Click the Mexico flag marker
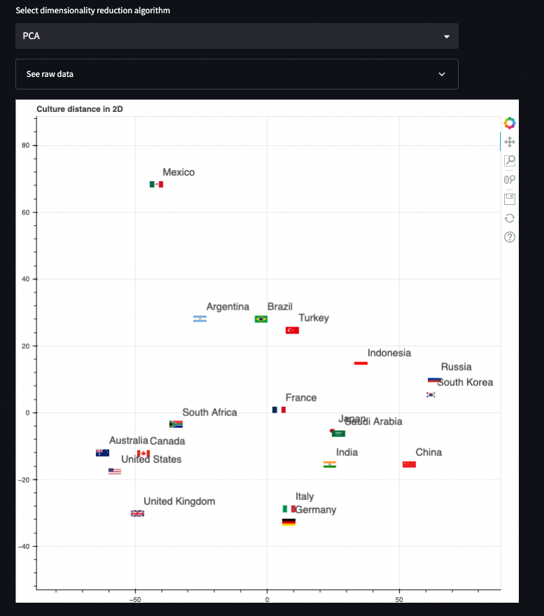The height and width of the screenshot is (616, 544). click(156, 185)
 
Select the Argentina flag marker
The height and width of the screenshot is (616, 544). click(200, 319)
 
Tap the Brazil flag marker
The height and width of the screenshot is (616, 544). click(261, 319)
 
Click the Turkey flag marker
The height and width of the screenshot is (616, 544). click(292, 330)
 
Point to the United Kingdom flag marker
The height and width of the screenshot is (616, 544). click(138, 513)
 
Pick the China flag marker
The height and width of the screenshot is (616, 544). click(409, 464)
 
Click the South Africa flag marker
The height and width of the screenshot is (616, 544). click(176, 424)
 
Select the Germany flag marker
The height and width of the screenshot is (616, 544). click(289, 522)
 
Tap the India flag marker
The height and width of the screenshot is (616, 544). click(330, 464)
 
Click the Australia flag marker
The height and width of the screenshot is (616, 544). click(103, 452)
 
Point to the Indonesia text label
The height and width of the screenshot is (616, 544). click(389, 353)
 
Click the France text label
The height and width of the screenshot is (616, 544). click(301, 398)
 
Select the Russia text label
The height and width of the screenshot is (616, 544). click(456, 367)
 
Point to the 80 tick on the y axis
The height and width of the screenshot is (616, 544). click(27, 145)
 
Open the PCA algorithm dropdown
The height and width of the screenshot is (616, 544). click(236, 36)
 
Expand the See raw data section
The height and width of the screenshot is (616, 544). click(236, 74)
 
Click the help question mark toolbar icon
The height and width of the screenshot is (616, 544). click(510, 237)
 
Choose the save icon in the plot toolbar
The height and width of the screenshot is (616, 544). click(510, 199)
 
